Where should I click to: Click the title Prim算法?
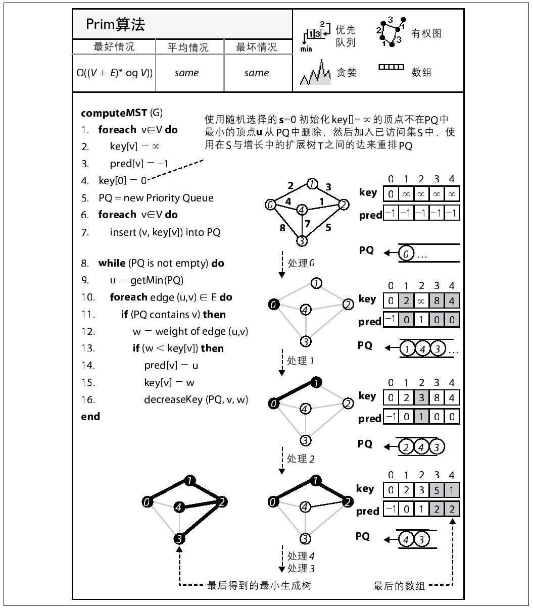click(x=115, y=24)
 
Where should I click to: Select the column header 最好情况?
click(x=114, y=47)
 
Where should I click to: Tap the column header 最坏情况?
click(x=257, y=47)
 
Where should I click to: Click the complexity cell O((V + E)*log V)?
click(x=115, y=73)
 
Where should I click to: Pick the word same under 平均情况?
click(x=186, y=73)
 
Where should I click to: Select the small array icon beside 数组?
click(x=391, y=67)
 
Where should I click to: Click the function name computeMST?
click(x=114, y=113)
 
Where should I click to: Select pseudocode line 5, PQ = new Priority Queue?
click(x=156, y=198)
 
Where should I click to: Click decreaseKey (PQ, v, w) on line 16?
click(x=196, y=399)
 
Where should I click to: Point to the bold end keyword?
click(x=90, y=417)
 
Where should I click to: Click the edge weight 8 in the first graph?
click(x=282, y=227)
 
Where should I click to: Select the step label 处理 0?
click(x=301, y=263)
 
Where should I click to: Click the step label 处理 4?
click(x=301, y=556)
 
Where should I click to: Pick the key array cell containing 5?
click(x=437, y=490)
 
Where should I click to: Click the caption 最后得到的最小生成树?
click(x=259, y=586)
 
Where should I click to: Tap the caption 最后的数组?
click(x=399, y=586)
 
